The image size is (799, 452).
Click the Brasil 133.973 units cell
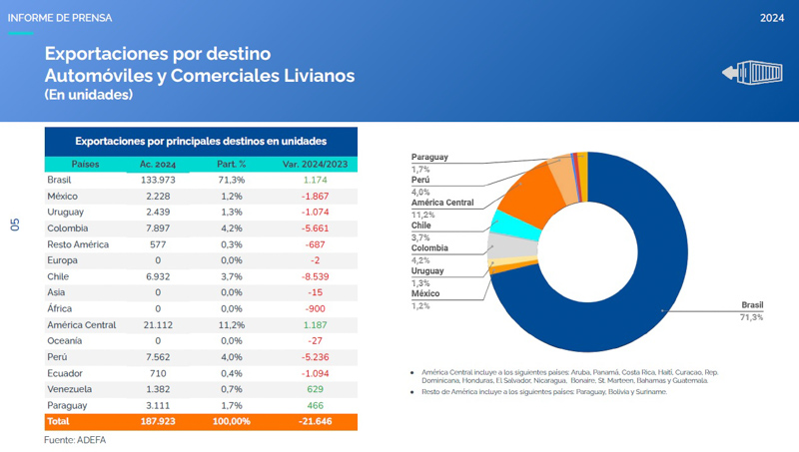(x=158, y=180)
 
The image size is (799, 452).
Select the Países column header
(x=85, y=164)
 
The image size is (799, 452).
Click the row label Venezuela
(x=70, y=389)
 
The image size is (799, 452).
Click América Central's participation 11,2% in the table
(x=231, y=325)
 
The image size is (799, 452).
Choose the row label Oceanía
(x=66, y=341)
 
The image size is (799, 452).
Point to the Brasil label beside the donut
(x=751, y=305)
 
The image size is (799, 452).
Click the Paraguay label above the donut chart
(x=429, y=158)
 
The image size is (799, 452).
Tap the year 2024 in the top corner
(x=771, y=18)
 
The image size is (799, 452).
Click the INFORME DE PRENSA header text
(x=60, y=18)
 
